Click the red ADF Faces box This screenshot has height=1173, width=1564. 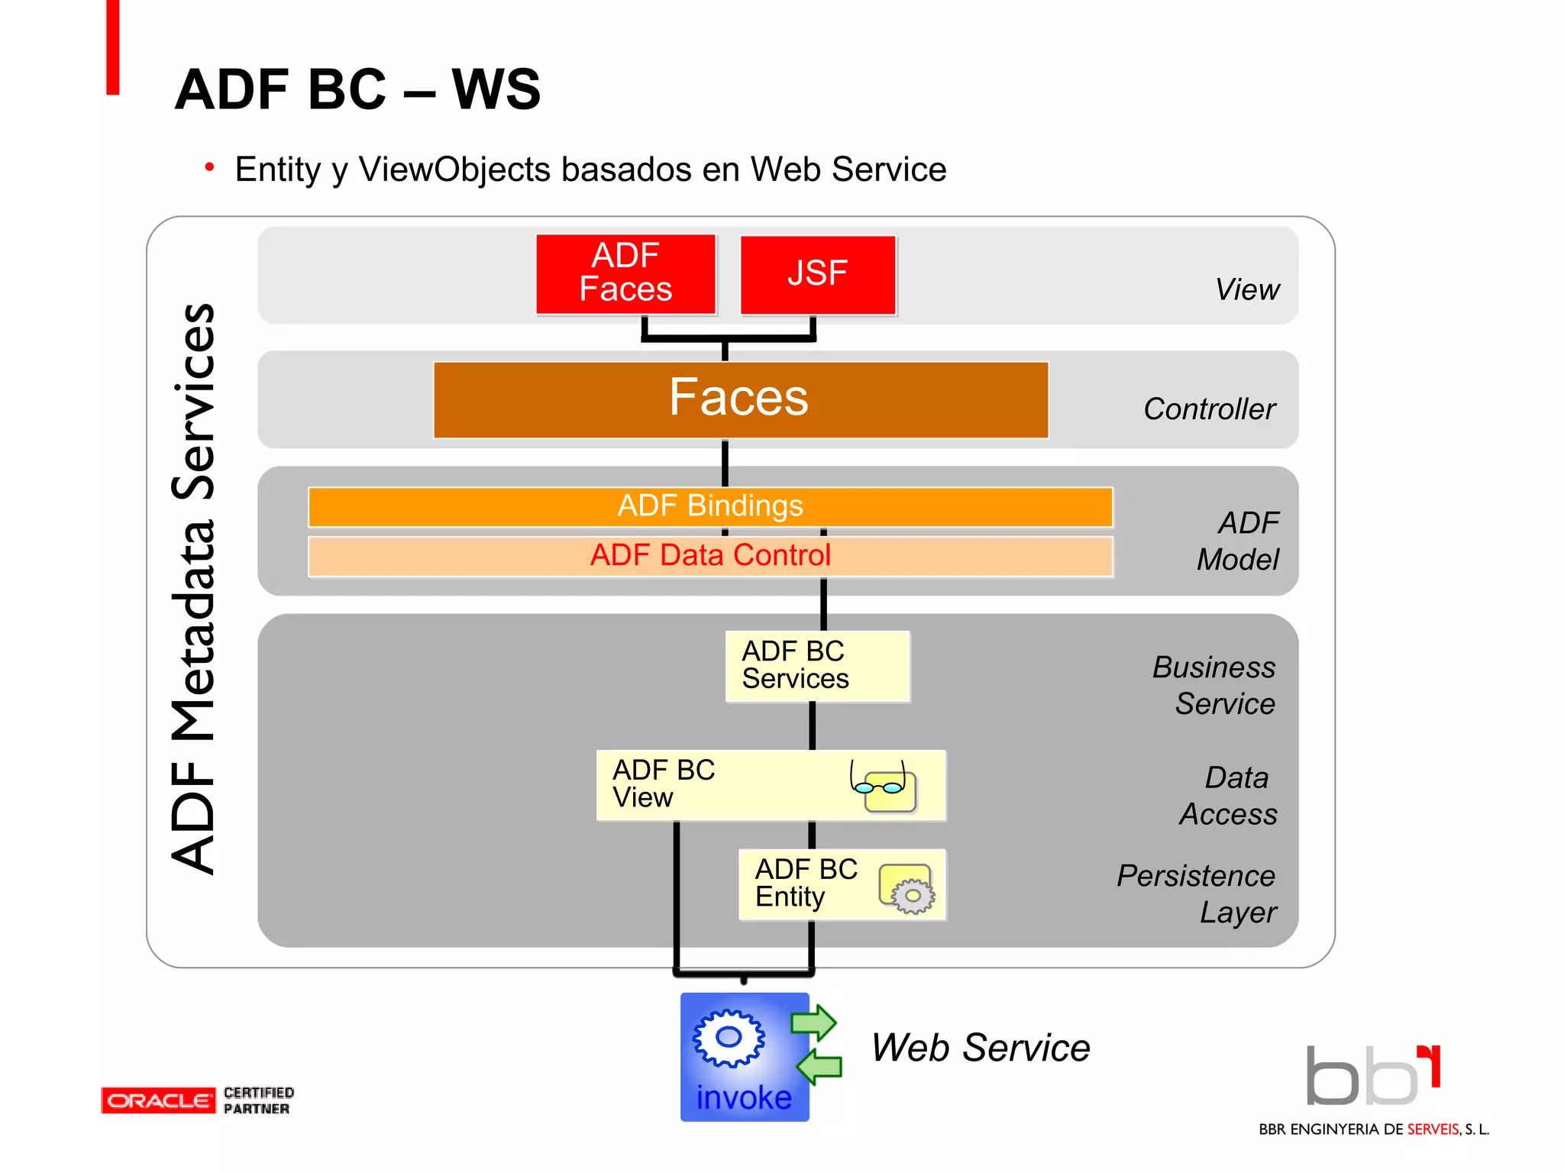click(625, 274)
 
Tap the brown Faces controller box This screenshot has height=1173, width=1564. click(740, 399)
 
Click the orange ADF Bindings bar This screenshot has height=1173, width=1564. click(710, 506)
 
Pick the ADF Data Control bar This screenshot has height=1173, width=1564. click(710, 556)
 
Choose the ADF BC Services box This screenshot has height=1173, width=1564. click(817, 666)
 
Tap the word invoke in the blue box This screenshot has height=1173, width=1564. click(744, 1097)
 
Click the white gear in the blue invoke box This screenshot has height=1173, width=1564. click(729, 1038)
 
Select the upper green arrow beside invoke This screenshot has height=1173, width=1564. click(814, 1022)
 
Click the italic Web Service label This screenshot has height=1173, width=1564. click(981, 1048)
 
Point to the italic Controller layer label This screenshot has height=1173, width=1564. click(1209, 409)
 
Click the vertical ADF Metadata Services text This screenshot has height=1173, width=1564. click(193, 588)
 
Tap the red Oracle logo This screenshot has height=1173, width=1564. click(158, 1100)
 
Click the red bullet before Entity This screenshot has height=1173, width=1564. click(209, 167)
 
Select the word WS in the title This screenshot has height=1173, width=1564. click(496, 89)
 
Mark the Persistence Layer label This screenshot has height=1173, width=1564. click(1197, 893)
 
